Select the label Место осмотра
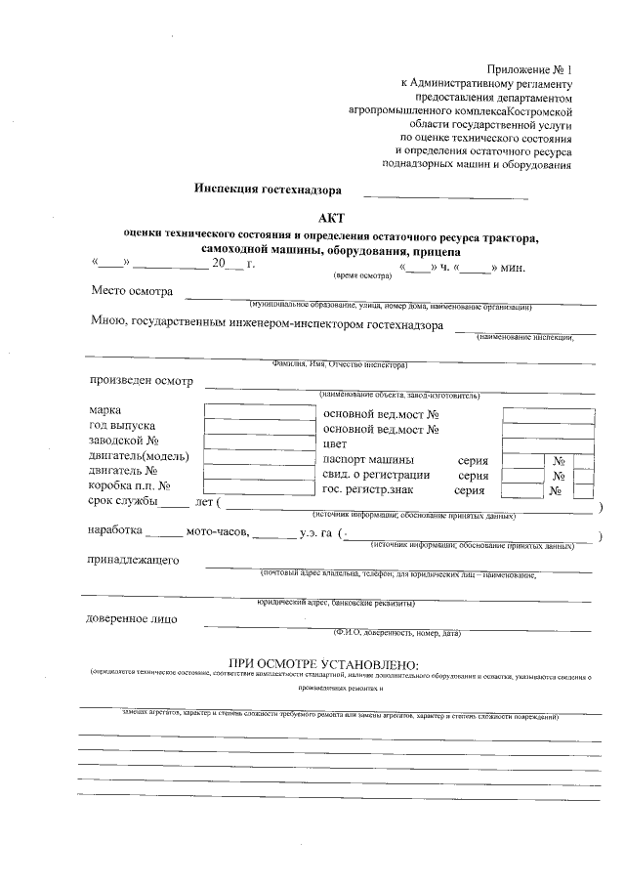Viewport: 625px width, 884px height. point(132,291)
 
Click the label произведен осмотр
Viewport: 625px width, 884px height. point(142,381)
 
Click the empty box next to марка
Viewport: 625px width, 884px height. point(243,411)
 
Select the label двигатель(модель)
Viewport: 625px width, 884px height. point(138,456)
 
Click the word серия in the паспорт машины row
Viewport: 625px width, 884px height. point(473,459)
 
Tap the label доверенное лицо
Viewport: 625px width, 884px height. point(131,618)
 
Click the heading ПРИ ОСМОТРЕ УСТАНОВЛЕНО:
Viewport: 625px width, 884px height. point(322,663)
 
